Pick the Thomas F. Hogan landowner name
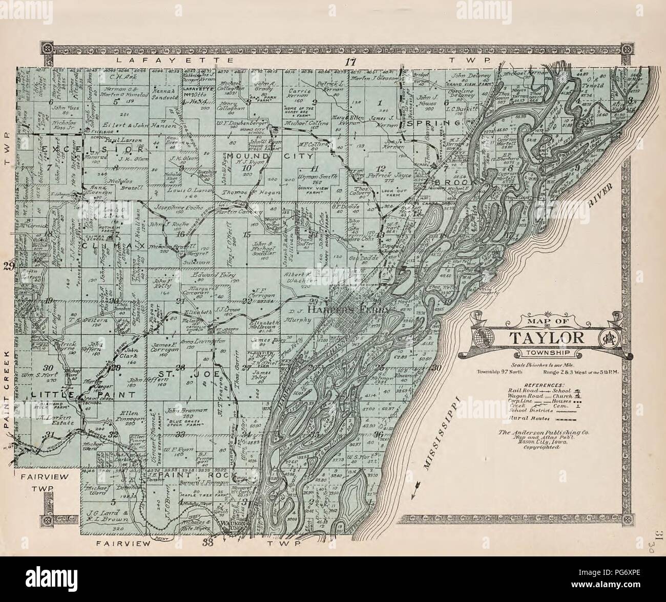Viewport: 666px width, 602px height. tap(241, 193)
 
